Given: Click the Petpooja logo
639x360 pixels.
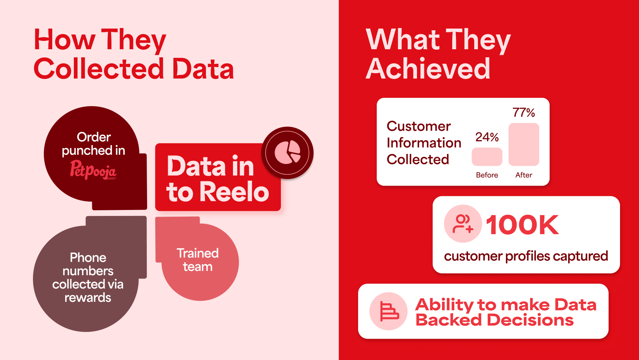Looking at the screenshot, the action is (x=93, y=170).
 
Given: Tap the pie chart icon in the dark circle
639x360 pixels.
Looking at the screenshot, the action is (x=288, y=152).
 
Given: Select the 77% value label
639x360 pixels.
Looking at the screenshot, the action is (x=524, y=113).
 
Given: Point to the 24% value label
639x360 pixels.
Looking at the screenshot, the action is (x=487, y=137).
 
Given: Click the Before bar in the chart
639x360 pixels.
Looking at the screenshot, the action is (x=487, y=157).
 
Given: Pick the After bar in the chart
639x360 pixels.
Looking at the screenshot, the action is (x=524, y=144).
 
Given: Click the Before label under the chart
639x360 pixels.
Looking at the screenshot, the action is (x=487, y=175).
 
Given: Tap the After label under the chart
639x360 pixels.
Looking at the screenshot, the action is (x=524, y=175).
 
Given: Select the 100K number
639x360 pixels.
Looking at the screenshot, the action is (x=522, y=225).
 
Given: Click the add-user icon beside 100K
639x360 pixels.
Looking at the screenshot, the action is (x=463, y=224).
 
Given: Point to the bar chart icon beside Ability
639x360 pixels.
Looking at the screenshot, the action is (x=389, y=311).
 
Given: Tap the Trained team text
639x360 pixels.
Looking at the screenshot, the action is (x=198, y=260).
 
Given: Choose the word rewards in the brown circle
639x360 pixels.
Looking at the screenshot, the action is (x=88, y=297).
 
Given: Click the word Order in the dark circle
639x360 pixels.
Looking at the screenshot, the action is (x=94, y=137).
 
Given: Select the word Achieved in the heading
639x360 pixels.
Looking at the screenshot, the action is (x=428, y=69).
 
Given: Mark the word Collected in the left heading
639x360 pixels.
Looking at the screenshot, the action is (x=99, y=69).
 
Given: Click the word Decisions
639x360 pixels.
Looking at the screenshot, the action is (x=531, y=320).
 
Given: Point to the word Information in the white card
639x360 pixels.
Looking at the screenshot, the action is (x=424, y=143).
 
